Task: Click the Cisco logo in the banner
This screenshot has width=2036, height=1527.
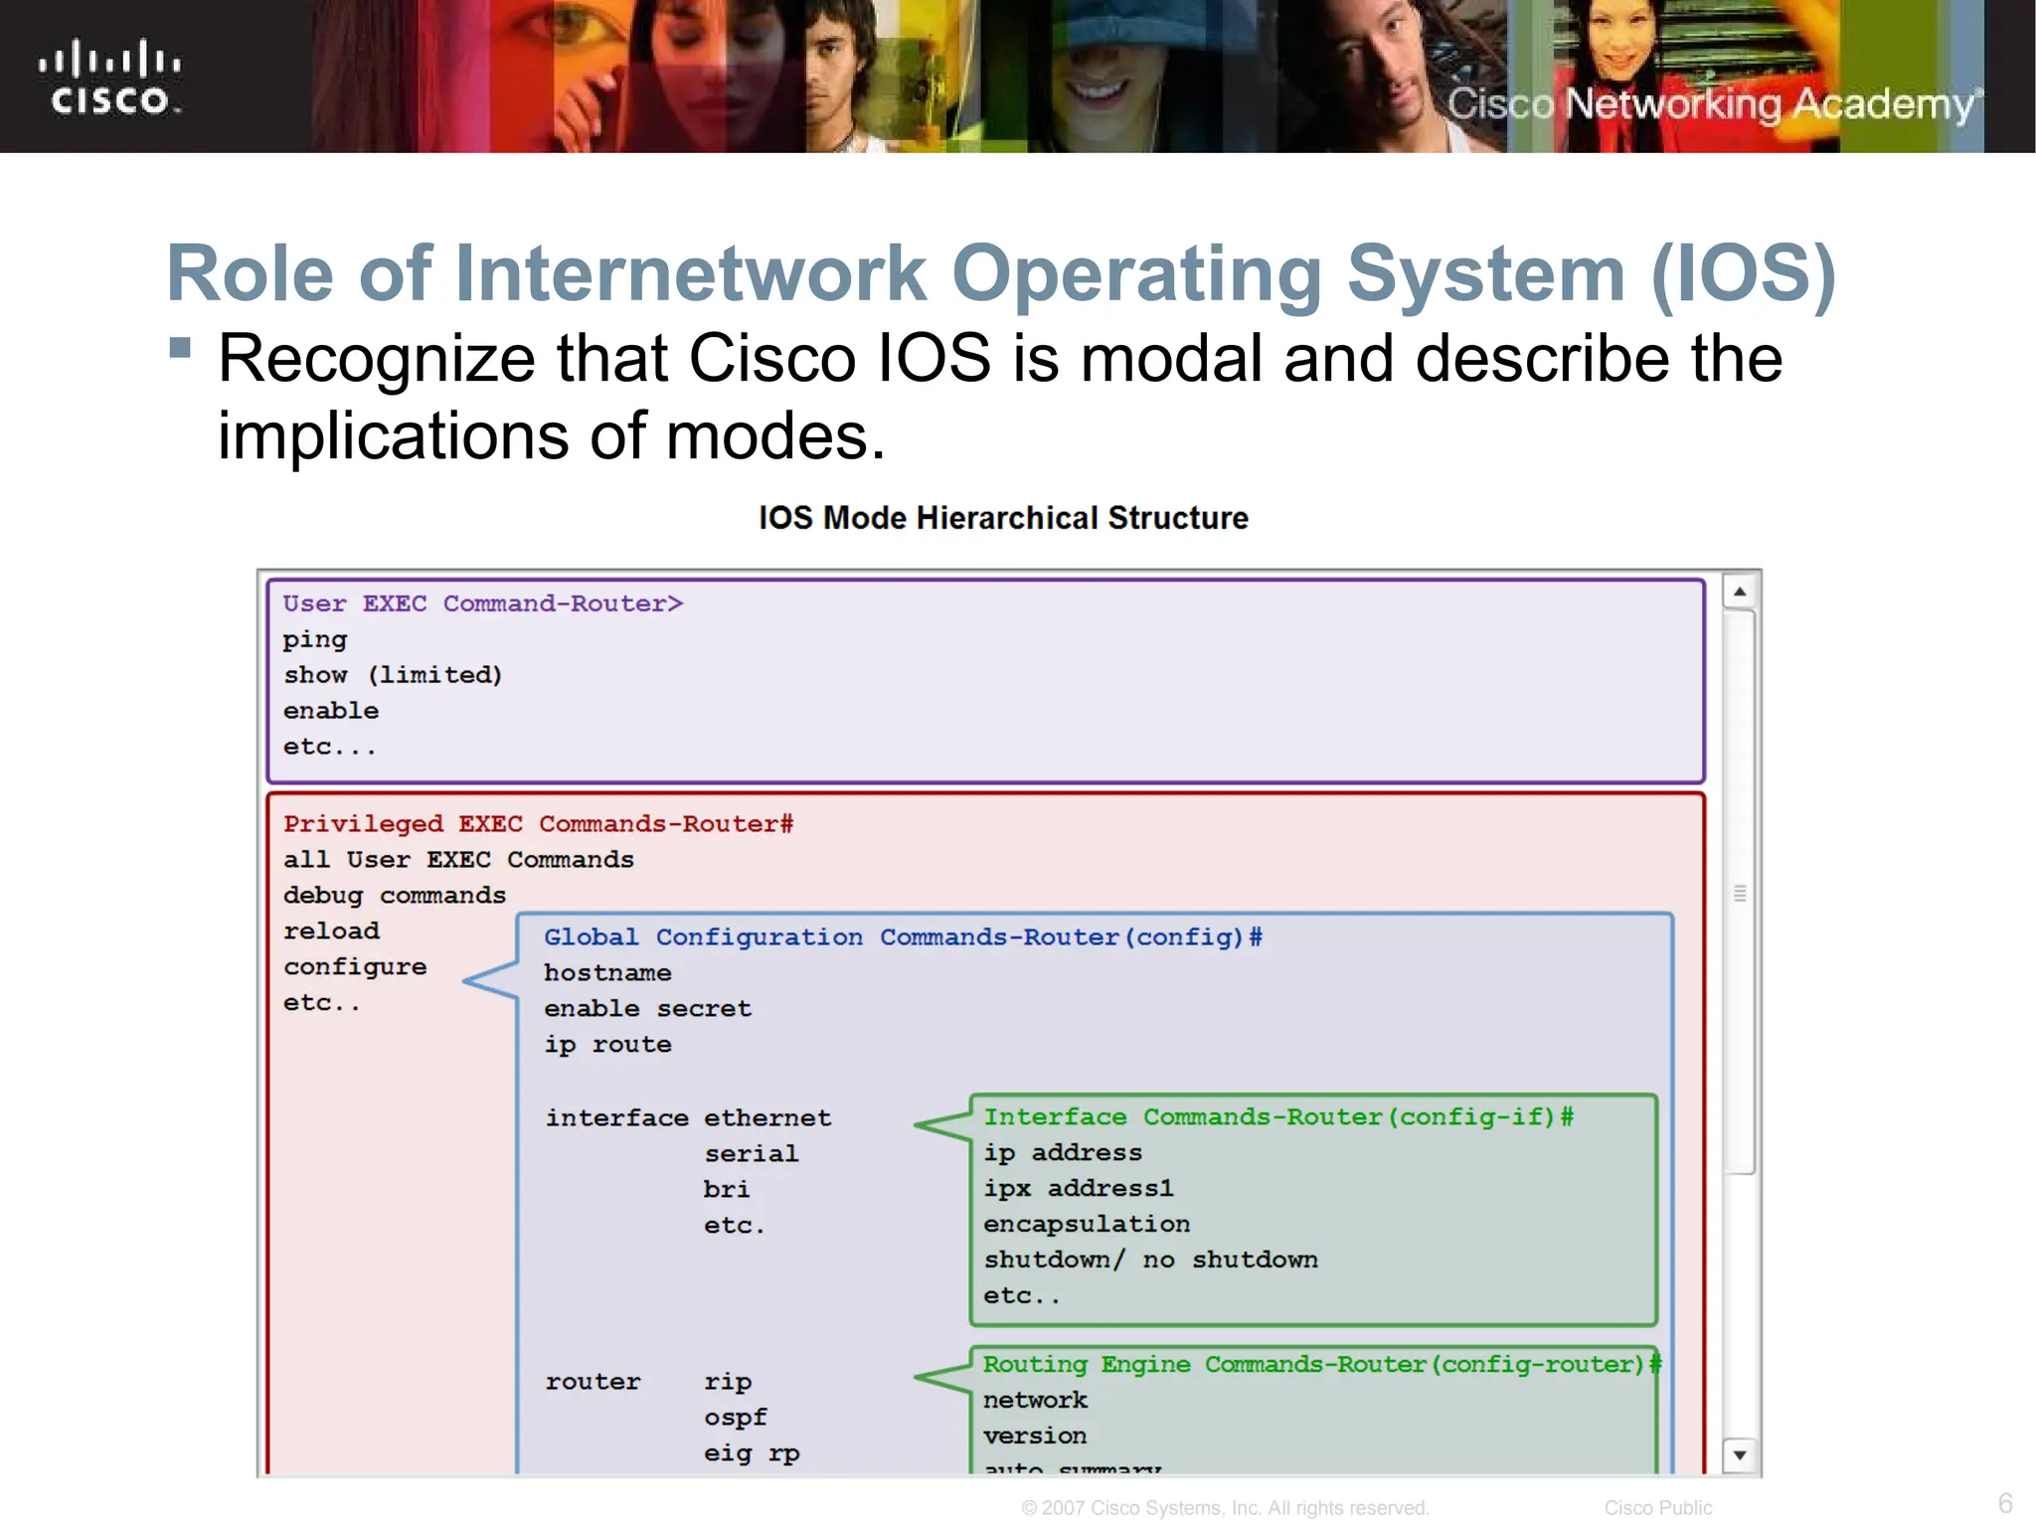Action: pos(109,78)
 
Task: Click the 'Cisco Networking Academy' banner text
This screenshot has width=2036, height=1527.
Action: pos(1710,104)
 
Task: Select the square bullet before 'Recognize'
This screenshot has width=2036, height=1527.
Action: pos(180,347)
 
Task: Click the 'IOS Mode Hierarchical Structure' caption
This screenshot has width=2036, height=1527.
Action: pos(1003,518)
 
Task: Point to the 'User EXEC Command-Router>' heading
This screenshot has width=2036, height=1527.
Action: pos(483,603)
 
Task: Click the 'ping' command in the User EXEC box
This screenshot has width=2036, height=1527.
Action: pos(315,640)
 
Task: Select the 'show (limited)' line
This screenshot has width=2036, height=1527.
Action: pos(393,676)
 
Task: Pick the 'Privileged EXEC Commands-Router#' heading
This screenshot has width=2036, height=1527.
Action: pos(538,824)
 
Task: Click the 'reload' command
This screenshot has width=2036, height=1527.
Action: pos(331,932)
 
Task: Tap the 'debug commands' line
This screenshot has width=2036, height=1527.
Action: pos(395,896)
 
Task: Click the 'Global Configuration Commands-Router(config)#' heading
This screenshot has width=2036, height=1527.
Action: pos(903,937)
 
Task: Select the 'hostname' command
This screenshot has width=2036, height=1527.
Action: pos(607,973)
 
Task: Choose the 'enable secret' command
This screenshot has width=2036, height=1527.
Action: pos(647,1009)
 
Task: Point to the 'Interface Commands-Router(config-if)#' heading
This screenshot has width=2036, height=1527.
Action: pos(1278,1117)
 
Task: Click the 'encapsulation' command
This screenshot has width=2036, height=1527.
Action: pos(1087,1225)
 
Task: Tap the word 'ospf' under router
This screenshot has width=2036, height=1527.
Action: pos(736,1418)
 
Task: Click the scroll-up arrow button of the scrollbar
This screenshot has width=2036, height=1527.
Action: pos(1740,593)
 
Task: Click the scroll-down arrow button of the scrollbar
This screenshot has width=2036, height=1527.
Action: pos(1740,1455)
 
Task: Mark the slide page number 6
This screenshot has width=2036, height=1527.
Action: pos(2005,1502)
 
